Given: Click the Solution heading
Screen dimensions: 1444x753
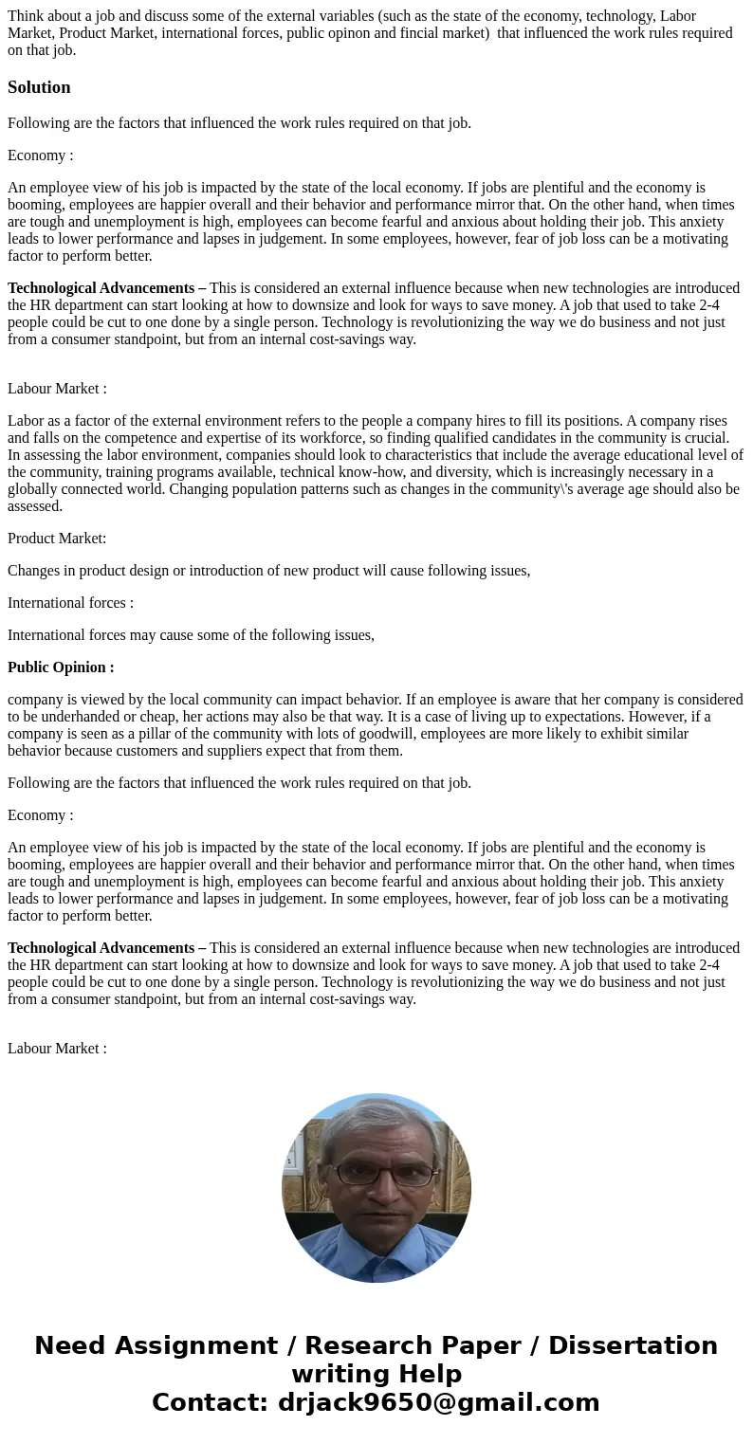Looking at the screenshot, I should coord(39,87).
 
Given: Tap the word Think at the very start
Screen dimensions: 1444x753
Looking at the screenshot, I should coord(26,16).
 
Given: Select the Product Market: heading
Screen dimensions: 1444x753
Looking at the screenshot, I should coord(57,539).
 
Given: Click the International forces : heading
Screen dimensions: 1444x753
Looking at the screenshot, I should coord(70,603).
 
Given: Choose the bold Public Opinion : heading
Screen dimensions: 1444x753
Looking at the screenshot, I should coord(61,667).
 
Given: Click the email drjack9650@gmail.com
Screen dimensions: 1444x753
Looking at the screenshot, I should coord(438,1402).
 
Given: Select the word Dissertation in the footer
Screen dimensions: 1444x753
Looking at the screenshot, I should coord(633,1345).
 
